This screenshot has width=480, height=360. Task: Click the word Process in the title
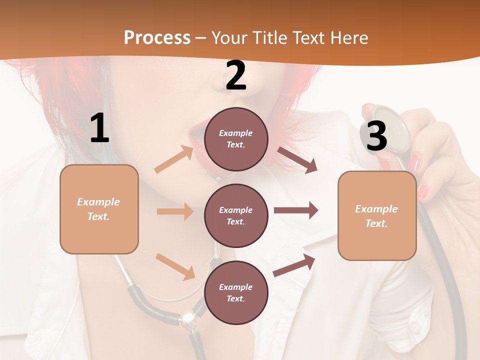coord(157,37)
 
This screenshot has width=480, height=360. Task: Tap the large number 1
coord(99,128)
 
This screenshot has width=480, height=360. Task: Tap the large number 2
coord(236,75)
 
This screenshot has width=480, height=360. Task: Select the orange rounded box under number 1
coord(99,209)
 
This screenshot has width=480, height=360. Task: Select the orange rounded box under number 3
coord(377,215)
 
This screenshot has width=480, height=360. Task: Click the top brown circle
coord(236,139)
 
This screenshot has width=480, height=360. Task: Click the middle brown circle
coord(236,215)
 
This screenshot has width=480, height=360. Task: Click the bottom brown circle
coord(236,292)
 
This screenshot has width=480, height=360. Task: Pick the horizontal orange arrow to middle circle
coord(175,211)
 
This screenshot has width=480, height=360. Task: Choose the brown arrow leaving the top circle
coord(297,160)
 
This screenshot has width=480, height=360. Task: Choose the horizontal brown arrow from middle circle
coord(296,210)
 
